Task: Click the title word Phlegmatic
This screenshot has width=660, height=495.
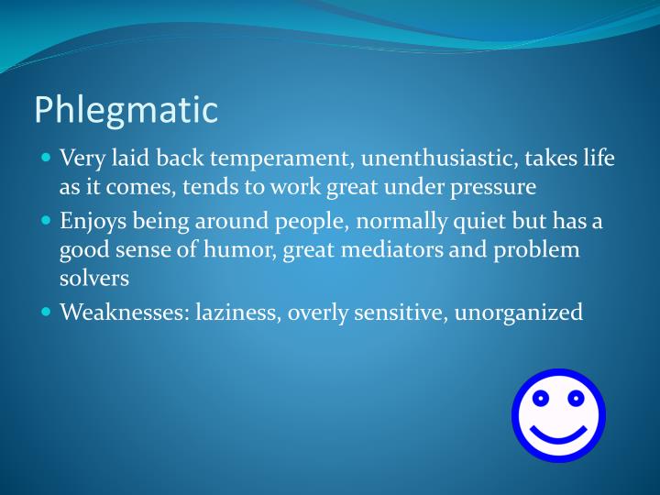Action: point(126,110)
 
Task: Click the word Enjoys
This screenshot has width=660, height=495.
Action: point(91,221)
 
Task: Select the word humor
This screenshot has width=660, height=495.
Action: point(240,249)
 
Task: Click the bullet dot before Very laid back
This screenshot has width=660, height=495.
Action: point(47,158)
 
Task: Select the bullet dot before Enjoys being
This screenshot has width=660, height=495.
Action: point(47,220)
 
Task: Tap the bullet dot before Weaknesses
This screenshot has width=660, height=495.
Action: point(47,312)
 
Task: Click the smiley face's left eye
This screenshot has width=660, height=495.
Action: point(541,399)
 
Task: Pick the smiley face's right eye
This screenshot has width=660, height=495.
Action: point(576,399)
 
